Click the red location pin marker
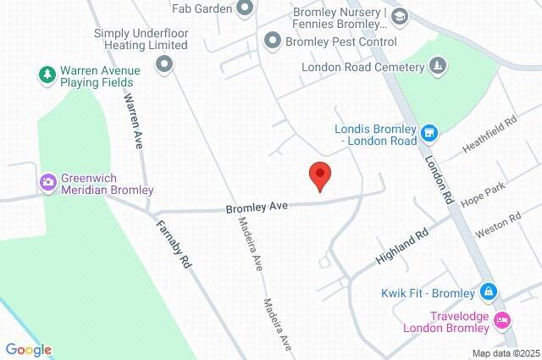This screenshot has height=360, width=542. pos(319,176)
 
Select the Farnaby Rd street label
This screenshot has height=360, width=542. pos(174,244)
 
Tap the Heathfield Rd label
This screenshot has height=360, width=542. pos(489,136)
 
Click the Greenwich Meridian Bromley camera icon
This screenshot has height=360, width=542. pos(48,181)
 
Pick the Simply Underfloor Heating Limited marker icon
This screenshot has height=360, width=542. pos(163,64)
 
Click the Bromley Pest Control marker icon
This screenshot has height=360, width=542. pos(273,40)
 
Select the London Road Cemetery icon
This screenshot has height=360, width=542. pos(436,66)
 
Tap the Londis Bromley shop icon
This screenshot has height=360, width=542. pos(430,133)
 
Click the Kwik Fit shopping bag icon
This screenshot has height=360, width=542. pos(488,292)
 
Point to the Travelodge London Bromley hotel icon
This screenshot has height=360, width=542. pos(502,320)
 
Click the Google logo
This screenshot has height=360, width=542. pos(28,349)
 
